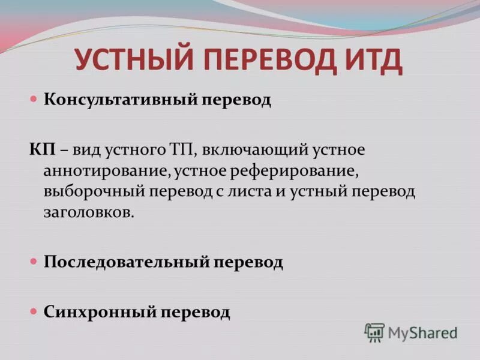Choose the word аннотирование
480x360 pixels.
point(108,170)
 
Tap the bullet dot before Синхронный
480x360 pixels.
point(34,312)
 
